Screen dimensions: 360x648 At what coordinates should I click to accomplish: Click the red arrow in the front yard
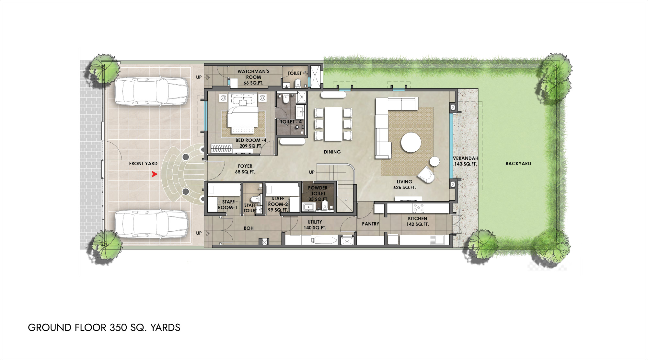click(x=155, y=174)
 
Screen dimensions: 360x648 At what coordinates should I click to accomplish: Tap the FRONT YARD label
click(x=143, y=164)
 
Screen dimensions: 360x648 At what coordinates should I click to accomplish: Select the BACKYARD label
click(x=518, y=164)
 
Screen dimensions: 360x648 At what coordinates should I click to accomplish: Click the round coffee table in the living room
click(x=411, y=143)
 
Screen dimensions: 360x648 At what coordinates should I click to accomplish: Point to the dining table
click(x=333, y=124)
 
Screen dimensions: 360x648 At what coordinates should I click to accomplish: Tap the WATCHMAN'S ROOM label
click(x=253, y=77)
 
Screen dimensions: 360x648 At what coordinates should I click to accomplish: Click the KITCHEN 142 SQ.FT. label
click(x=417, y=221)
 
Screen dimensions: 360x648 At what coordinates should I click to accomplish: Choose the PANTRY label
click(x=370, y=224)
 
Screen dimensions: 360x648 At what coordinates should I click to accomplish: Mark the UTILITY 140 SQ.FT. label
click(x=315, y=225)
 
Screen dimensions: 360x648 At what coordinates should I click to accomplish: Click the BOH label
click(x=249, y=228)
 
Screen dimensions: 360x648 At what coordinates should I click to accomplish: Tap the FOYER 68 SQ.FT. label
click(x=245, y=169)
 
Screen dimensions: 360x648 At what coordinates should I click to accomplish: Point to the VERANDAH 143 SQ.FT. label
click(x=465, y=161)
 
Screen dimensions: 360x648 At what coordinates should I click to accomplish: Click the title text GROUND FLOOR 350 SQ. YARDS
click(x=104, y=328)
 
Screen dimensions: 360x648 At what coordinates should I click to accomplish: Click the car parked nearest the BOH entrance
click(x=152, y=224)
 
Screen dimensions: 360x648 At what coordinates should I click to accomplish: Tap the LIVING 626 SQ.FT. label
click(x=404, y=184)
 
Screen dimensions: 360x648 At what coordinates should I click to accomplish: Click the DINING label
click(x=332, y=152)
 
